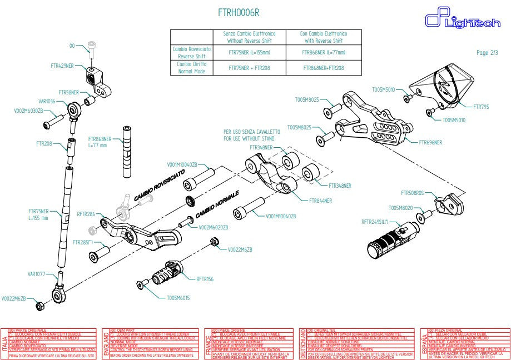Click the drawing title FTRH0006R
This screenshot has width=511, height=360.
239,12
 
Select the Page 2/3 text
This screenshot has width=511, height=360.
487,53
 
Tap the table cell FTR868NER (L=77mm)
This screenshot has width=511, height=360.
323,52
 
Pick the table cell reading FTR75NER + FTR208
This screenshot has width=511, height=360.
249,68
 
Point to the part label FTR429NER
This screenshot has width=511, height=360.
62,66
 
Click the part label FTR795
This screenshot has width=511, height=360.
481,106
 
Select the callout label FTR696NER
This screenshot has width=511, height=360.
431,142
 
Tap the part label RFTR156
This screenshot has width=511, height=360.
205,279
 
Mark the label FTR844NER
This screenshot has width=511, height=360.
321,200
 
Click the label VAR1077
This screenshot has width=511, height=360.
37,274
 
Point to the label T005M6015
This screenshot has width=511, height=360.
178,298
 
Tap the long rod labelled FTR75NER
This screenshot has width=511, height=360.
66,217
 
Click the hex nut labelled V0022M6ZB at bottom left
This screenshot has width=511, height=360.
39,306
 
